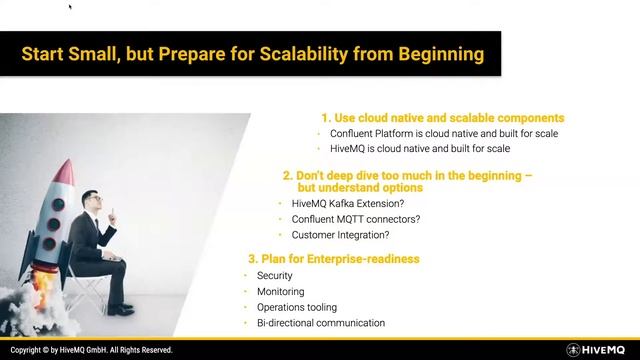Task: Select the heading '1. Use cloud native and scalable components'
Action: coord(442,117)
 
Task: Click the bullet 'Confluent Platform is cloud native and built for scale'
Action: coord(444,133)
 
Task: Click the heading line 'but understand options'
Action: coord(359,187)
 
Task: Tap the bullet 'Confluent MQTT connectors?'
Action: coord(355,219)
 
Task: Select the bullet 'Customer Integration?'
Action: coord(340,235)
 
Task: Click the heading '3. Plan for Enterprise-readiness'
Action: coord(333,259)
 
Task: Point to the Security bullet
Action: coord(274,275)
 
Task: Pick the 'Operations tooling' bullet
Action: coord(297,307)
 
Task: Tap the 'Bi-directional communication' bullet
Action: coord(320,323)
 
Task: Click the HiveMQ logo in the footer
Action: coord(599,350)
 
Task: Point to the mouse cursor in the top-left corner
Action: coord(69,6)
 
